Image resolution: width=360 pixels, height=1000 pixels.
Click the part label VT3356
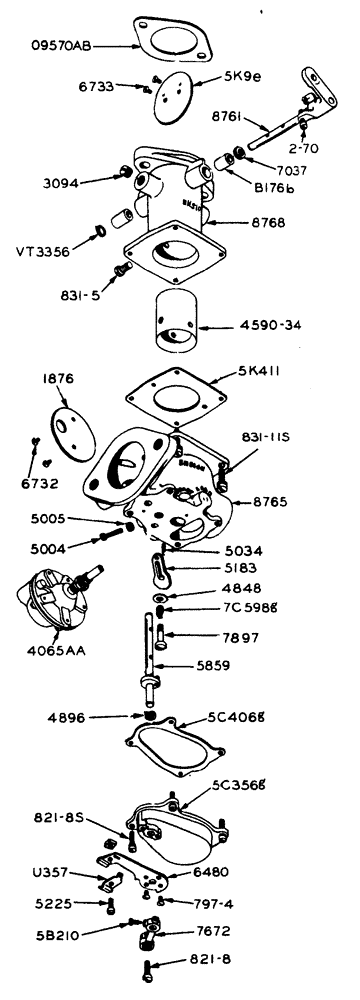coord(42,252)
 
